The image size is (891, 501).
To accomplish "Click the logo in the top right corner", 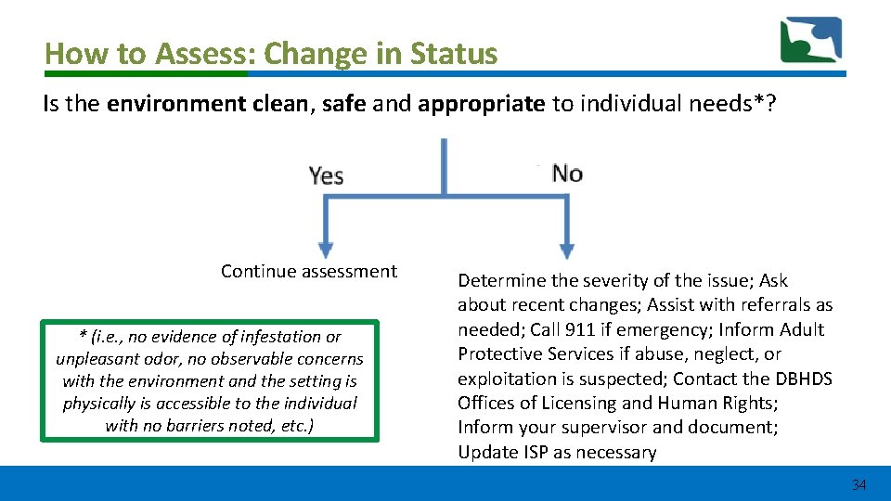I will tap(811, 41).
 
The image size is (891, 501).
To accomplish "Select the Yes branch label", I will tap(326, 175).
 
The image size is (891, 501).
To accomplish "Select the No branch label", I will tap(567, 173).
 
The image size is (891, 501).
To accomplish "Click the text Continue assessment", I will tap(308, 271).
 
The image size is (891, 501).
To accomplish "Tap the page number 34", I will tap(859, 484).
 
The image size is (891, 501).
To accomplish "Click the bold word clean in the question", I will tap(279, 103).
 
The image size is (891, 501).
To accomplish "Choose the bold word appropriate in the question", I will tap(481, 103).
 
